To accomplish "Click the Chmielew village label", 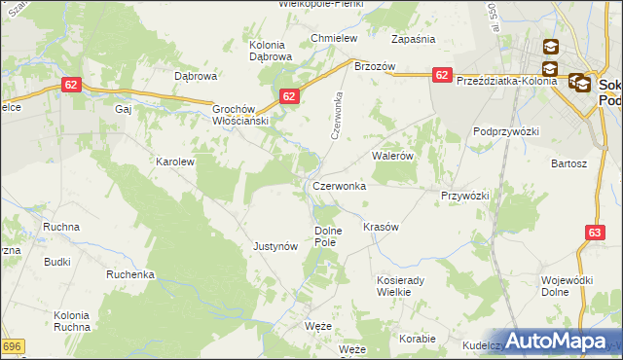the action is pyautogui.click(x=334, y=38).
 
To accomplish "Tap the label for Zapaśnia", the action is pyautogui.click(x=413, y=39).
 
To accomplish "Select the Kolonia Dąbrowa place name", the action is pyautogui.click(x=271, y=51).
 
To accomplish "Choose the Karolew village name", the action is pyautogui.click(x=176, y=162).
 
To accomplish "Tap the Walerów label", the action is pyautogui.click(x=394, y=155).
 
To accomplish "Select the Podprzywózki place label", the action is pyautogui.click(x=506, y=131).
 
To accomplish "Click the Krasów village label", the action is pyautogui.click(x=382, y=226).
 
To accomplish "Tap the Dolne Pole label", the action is pyautogui.click(x=328, y=235).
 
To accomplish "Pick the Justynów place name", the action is pyautogui.click(x=275, y=247).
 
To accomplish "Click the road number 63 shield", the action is pyautogui.click(x=596, y=233).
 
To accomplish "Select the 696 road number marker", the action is pyautogui.click(x=11, y=346).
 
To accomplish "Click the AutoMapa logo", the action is pyautogui.click(x=554, y=342).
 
